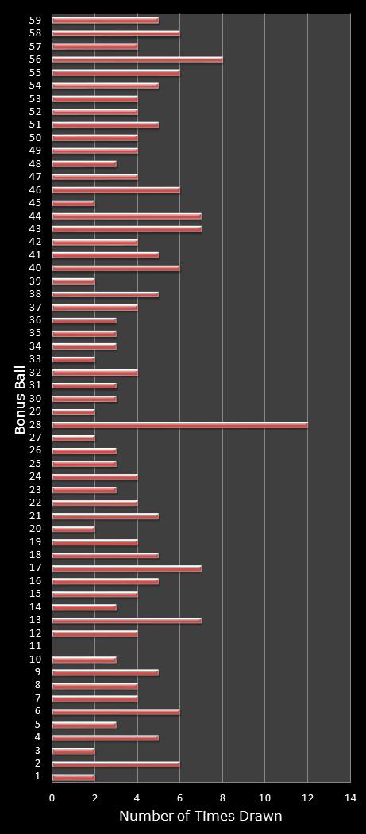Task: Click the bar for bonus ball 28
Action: pyautogui.click(x=179, y=425)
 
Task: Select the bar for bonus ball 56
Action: pyautogui.click(x=137, y=59)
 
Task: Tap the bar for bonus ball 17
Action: pyautogui.click(x=127, y=568)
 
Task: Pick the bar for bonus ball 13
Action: pyautogui.click(x=127, y=620)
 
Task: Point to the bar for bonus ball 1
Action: pyautogui.click(x=74, y=777)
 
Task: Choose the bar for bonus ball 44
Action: pyautogui.click(x=127, y=216)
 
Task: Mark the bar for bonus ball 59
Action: pyautogui.click(x=106, y=20)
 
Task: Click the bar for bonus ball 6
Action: pyautogui.click(x=116, y=712)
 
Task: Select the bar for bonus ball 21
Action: pyautogui.click(x=106, y=516)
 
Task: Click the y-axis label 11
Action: pyautogui.click(x=36, y=647)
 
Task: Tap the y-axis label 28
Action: pyautogui.click(x=36, y=425)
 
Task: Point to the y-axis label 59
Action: pyautogui.click(x=36, y=20)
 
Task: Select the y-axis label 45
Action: pyautogui.click(x=36, y=203)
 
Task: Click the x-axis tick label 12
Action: pyautogui.click(x=307, y=798)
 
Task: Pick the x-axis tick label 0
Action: pyautogui.click(x=52, y=798)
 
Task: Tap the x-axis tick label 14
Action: pyautogui.click(x=349, y=798)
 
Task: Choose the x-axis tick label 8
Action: pyautogui.click(x=222, y=798)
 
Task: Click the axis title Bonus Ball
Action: pyautogui.click(x=20, y=399)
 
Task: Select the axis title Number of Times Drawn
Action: pyautogui.click(x=200, y=817)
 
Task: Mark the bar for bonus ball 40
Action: pyautogui.click(x=116, y=268)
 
